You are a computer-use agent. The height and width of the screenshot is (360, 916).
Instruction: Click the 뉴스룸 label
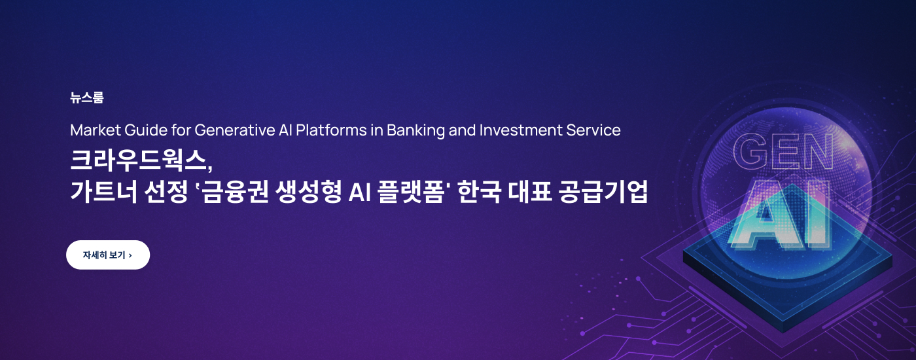click(86, 98)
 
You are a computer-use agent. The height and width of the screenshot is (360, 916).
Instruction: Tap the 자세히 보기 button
click(108, 255)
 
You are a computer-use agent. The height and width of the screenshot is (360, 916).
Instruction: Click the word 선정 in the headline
click(166, 193)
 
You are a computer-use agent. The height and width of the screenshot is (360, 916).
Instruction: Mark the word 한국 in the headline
click(479, 193)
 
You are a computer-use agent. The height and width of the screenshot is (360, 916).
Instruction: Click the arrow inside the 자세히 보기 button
click(130, 255)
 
